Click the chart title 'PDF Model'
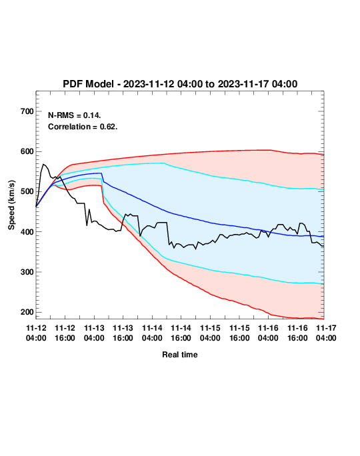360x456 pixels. [x=88, y=84]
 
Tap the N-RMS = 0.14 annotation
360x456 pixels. [x=75, y=115]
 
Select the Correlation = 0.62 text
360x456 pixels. [x=83, y=127]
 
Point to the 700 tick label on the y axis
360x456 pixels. [x=27, y=111]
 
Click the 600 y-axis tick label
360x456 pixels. [x=27, y=151]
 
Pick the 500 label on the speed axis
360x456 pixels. [x=27, y=191]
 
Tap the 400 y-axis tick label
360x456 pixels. [x=27, y=232]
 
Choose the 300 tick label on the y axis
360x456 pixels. [x=27, y=272]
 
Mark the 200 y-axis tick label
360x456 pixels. [x=27, y=312]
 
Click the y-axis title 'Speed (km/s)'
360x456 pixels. [x=11, y=205]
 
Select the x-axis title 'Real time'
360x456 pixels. [x=180, y=355]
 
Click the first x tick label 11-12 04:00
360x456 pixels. [x=36, y=333]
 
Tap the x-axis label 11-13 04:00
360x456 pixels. [x=94, y=333]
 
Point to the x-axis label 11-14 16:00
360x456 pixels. [x=181, y=333]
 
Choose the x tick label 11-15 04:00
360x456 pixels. [x=210, y=333]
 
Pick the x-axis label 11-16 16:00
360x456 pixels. [x=297, y=333]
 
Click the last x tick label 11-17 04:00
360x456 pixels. [x=326, y=333]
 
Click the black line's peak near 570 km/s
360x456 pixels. [x=43, y=164]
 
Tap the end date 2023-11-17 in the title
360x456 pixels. [x=244, y=84]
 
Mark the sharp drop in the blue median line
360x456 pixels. [x=103, y=177]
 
